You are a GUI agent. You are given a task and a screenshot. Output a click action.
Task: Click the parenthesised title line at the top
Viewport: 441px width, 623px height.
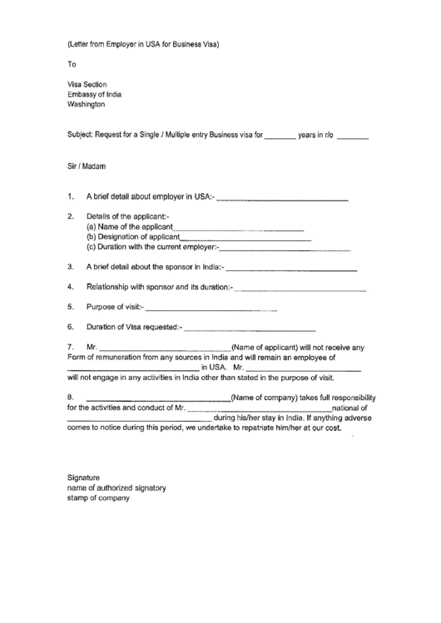click(143, 42)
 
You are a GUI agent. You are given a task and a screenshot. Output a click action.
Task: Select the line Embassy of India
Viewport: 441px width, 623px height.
click(94, 95)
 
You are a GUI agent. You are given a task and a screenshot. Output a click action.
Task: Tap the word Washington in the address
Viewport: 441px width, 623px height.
click(87, 106)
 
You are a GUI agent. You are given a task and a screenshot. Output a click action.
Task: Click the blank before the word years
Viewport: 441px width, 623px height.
click(280, 135)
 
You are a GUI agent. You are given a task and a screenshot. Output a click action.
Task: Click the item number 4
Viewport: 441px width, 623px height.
click(71, 288)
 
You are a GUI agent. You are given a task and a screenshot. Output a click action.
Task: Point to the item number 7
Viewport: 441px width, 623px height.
click(71, 347)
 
